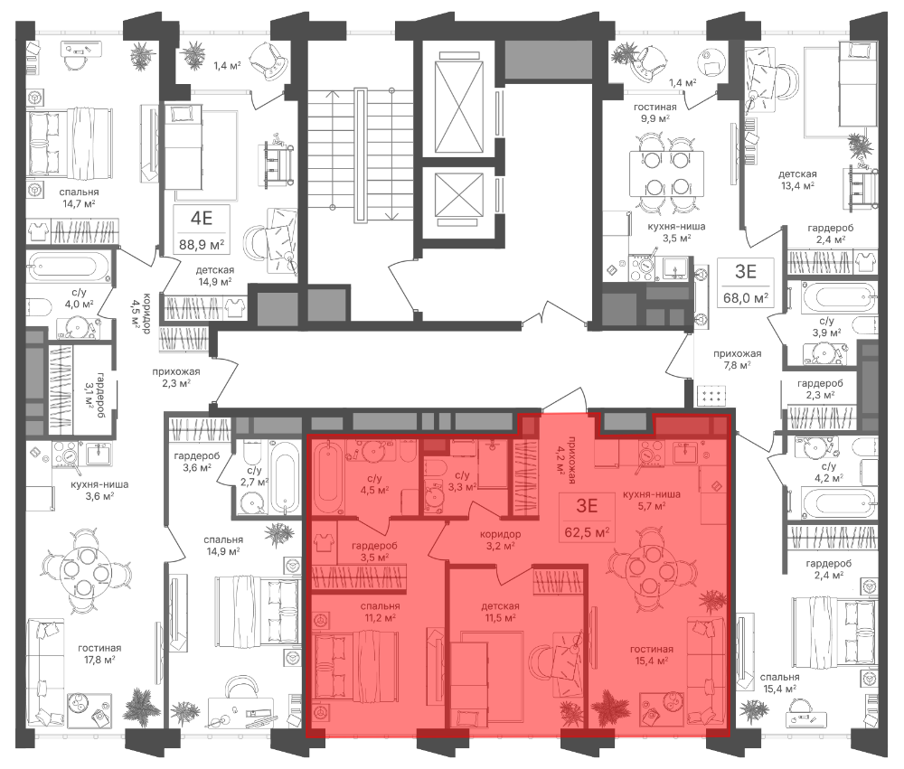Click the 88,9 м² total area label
202,244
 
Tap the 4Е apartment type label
202,218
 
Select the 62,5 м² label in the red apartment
587,532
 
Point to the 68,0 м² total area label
746,298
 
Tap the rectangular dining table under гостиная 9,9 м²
666,173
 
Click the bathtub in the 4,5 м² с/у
327,478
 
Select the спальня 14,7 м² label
79,198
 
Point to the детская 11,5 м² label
501,612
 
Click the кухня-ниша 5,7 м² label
651,500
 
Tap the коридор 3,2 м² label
501,539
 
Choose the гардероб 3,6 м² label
197,461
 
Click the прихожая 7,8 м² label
738,359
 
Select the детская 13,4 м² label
797,180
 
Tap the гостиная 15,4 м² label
652,655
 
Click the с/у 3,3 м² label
462,481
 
